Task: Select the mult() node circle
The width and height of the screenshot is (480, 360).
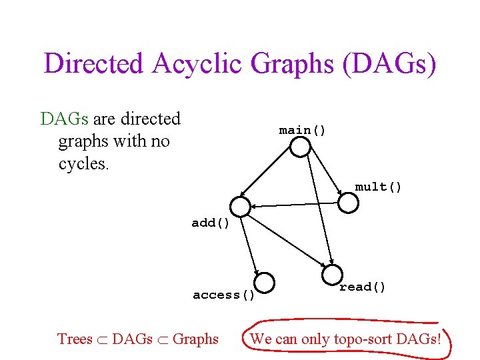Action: [x=348, y=203]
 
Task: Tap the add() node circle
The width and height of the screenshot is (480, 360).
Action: [x=240, y=207]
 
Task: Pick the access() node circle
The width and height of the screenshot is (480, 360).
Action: [x=265, y=283]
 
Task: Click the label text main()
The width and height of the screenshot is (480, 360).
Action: [x=303, y=130]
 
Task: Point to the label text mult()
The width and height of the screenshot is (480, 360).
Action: [x=378, y=187]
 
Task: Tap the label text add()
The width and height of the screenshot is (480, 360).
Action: [x=211, y=223]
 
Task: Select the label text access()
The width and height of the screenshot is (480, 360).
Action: [x=224, y=295]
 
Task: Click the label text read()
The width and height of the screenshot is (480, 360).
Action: [x=363, y=287]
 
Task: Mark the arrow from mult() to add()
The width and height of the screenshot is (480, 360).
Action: [x=293, y=205]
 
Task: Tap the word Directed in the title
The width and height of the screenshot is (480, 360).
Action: [x=93, y=64]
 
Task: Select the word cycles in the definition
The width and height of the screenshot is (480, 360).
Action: [x=83, y=163]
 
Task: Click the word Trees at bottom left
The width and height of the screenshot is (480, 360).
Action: [x=75, y=339]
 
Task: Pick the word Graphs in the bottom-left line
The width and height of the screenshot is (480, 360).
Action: [x=195, y=339]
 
